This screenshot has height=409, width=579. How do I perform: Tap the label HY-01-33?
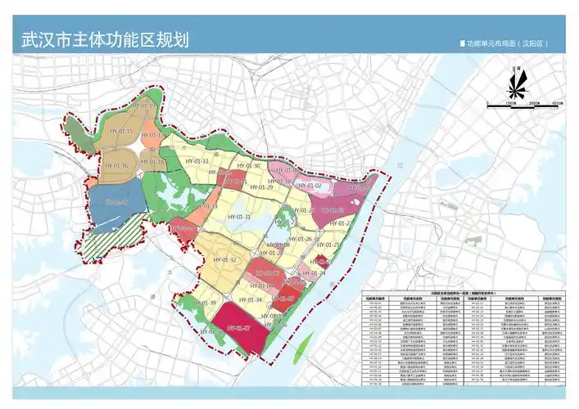click(194, 162)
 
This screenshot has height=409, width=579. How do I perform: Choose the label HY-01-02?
click(310, 186)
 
